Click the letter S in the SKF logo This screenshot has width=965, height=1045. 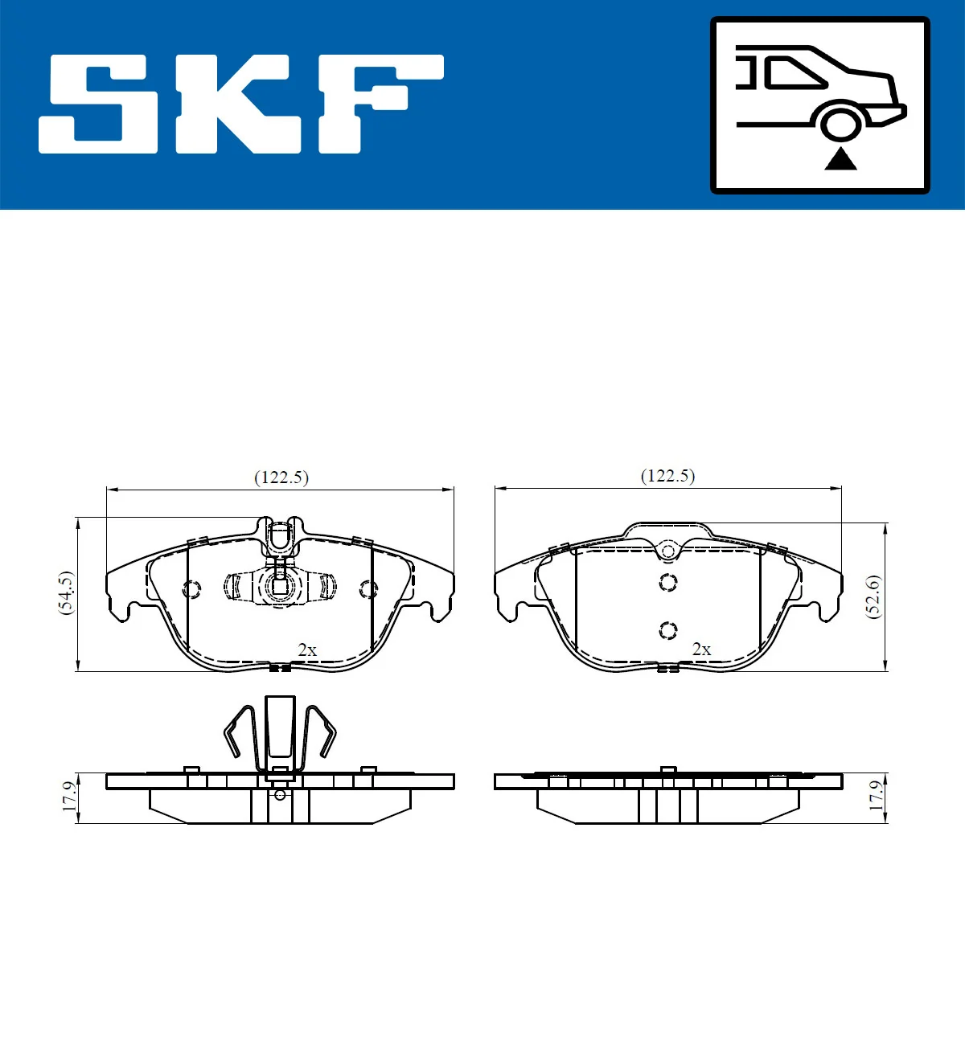pyautogui.click(x=99, y=104)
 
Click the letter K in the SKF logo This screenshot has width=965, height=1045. pyautogui.click(x=240, y=104)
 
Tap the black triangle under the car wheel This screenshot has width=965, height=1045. pyautogui.click(x=840, y=159)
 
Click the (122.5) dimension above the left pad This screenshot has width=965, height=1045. pyautogui.click(x=281, y=477)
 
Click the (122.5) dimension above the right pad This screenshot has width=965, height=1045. pyautogui.click(x=667, y=476)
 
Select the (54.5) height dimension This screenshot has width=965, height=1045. pyautogui.click(x=66, y=593)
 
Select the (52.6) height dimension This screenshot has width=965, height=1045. pyautogui.click(x=873, y=596)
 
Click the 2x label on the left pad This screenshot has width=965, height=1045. pyautogui.click(x=307, y=650)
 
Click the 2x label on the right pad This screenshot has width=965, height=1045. pyautogui.click(x=701, y=649)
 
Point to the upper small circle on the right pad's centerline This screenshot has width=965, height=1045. pyautogui.click(x=668, y=582)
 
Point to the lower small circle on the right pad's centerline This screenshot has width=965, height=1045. pyautogui.click(x=668, y=630)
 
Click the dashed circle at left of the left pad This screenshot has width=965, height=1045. pyautogui.click(x=191, y=589)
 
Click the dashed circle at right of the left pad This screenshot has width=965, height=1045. pyautogui.click(x=368, y=589)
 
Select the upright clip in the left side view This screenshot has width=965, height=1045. pyautogui.click(x=280, y=728)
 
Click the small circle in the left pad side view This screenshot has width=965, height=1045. pyautogui.click(x=280, y=795)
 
